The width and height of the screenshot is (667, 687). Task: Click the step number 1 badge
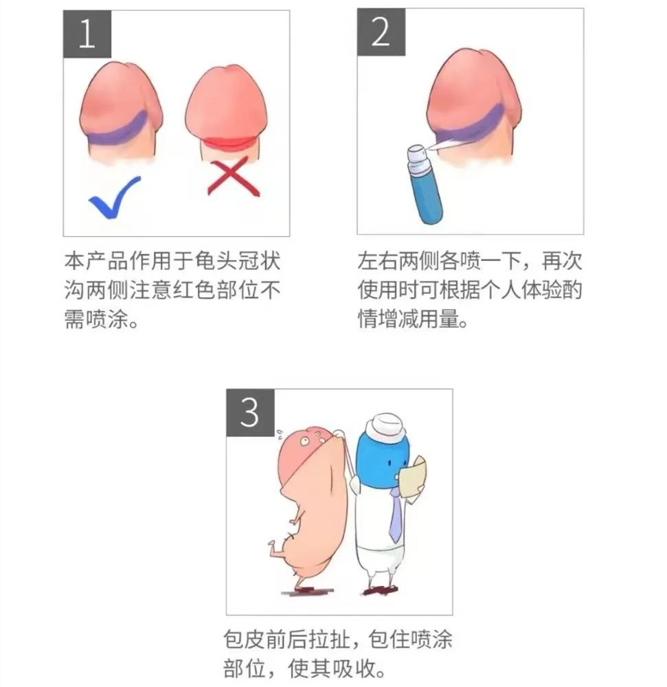tap(87, 34)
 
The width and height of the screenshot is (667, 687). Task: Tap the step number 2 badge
tap(380, 33)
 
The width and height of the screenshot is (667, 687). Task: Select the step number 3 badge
tap(250, 412)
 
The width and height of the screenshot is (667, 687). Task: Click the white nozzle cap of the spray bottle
tap(416, 156)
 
